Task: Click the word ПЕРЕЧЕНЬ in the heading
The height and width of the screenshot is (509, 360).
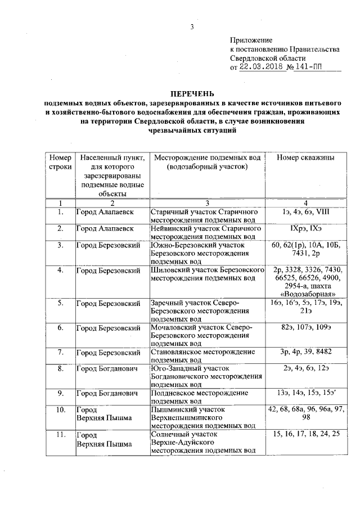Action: coord(193,94)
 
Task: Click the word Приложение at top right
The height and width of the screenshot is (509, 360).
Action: coord(251,40)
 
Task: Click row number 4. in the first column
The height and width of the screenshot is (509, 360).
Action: coord(60,271)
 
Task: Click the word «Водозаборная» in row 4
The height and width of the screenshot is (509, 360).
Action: coord(308,294)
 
